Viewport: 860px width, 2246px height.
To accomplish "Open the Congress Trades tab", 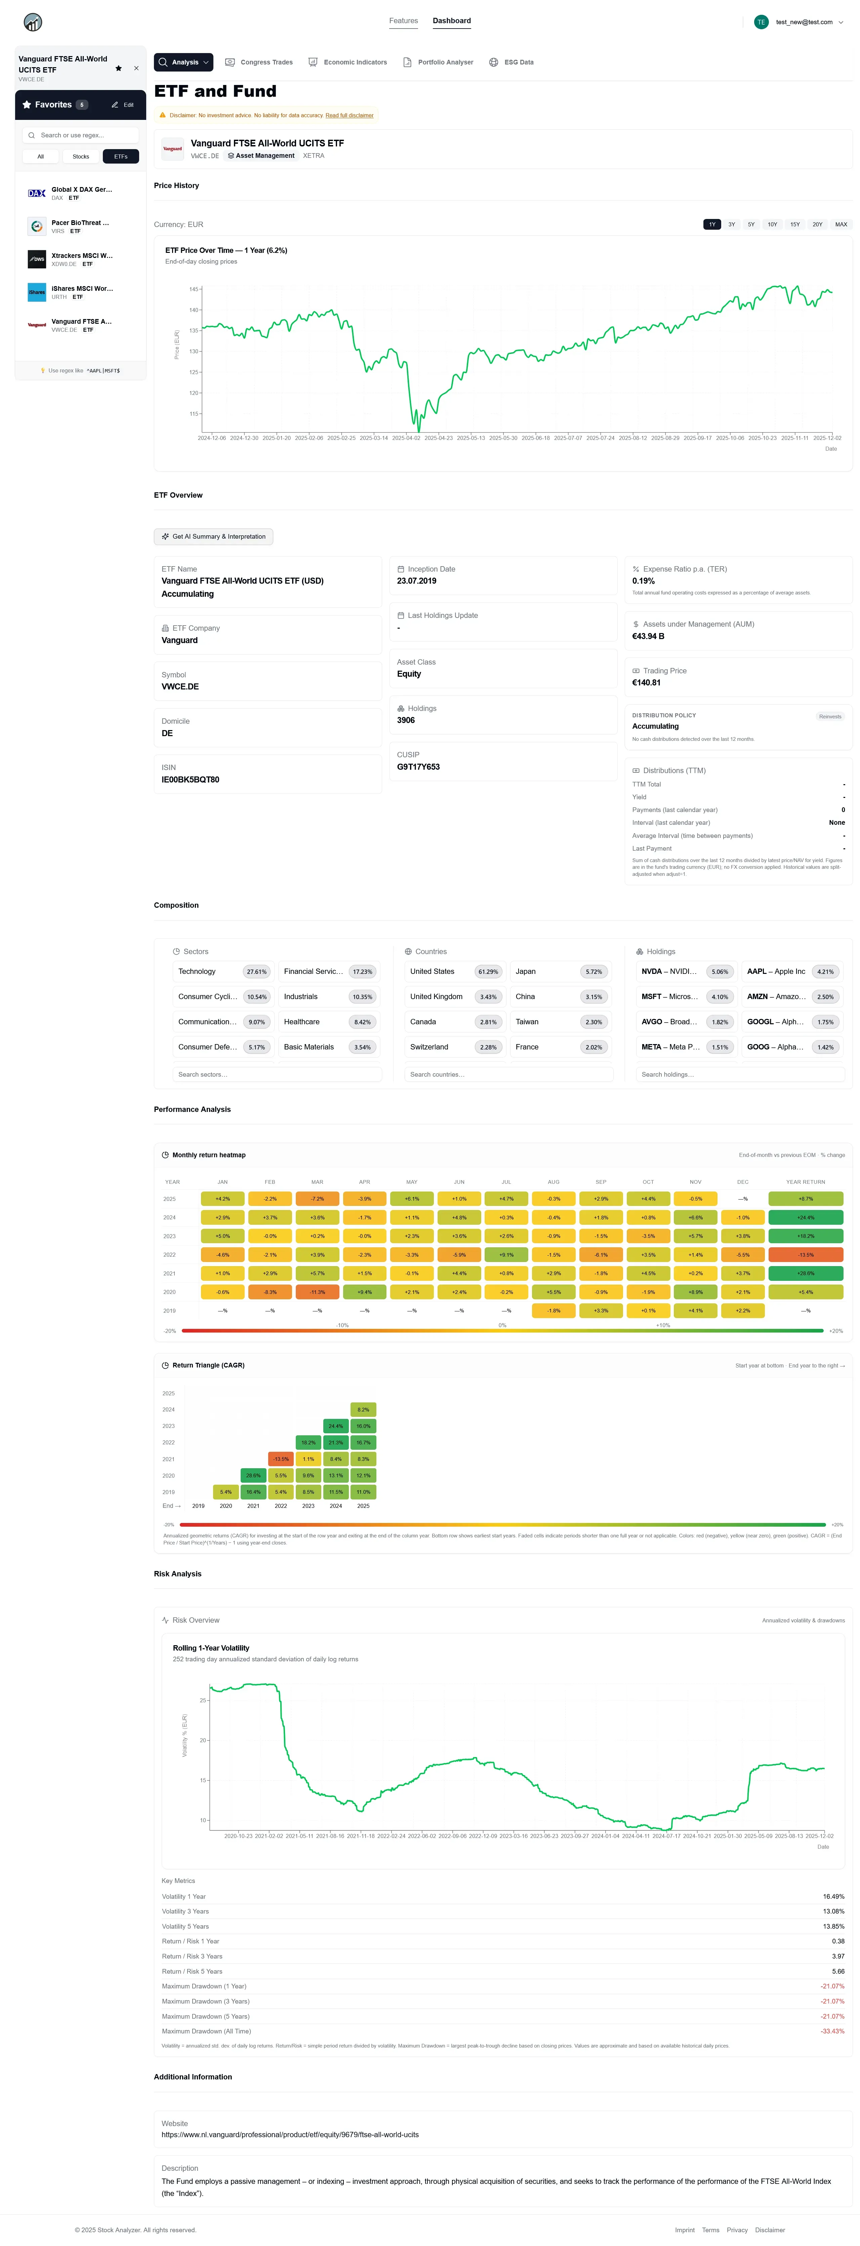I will [x=259, y=62].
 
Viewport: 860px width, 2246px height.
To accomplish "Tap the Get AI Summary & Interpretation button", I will [x=214, y=536].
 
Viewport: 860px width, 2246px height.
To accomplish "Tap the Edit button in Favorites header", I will [x=123, y=105].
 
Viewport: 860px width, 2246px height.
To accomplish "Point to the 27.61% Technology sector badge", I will [x=256, y=971].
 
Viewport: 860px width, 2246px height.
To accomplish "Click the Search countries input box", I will [x=508, y=1074].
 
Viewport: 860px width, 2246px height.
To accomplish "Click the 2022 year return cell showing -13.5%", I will [x=805, y=1255].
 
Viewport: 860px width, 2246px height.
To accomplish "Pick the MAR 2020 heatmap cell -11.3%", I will [x=318, y=1292].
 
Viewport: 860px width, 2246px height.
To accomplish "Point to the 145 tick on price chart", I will [x=194, y=288].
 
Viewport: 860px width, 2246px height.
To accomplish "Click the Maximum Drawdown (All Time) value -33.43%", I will [x=831, y=2031].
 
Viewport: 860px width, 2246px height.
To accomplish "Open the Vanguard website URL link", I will [x=290, y=2135].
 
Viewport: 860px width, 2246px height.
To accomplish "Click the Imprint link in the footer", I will [x=684, y=2230].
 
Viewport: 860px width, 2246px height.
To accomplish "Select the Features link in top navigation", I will [x=403, y=21].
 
